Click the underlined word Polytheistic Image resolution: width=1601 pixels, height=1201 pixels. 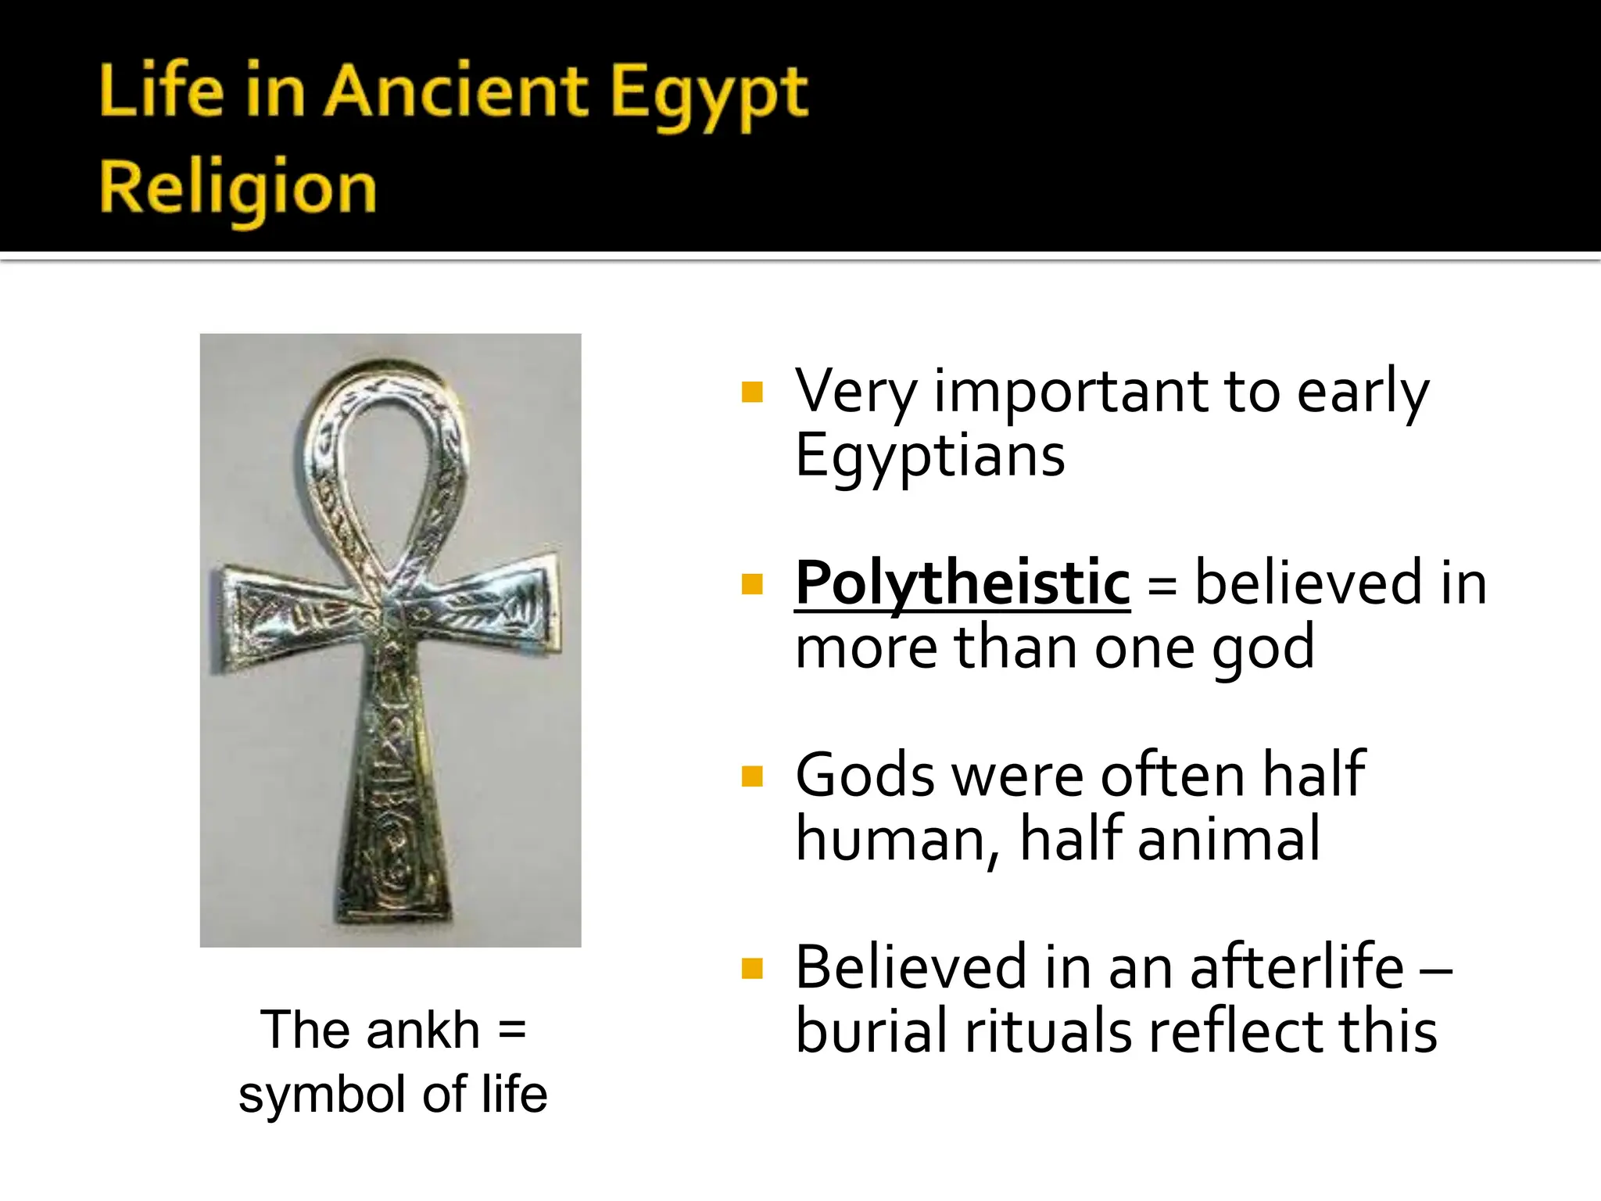(x=962, y=584)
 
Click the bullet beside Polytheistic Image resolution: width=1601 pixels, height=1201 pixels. (x=752, y=584)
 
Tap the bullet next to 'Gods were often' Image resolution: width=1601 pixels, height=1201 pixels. (x=752, y=776)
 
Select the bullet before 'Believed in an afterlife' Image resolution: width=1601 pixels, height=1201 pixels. (x=752, y=969)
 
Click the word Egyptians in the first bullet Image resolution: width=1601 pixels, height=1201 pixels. (x=929, y=457)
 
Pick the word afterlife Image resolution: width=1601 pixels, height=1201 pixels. (x=1297, y=967)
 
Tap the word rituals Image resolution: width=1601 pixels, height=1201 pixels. (x=1048, y=1031)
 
